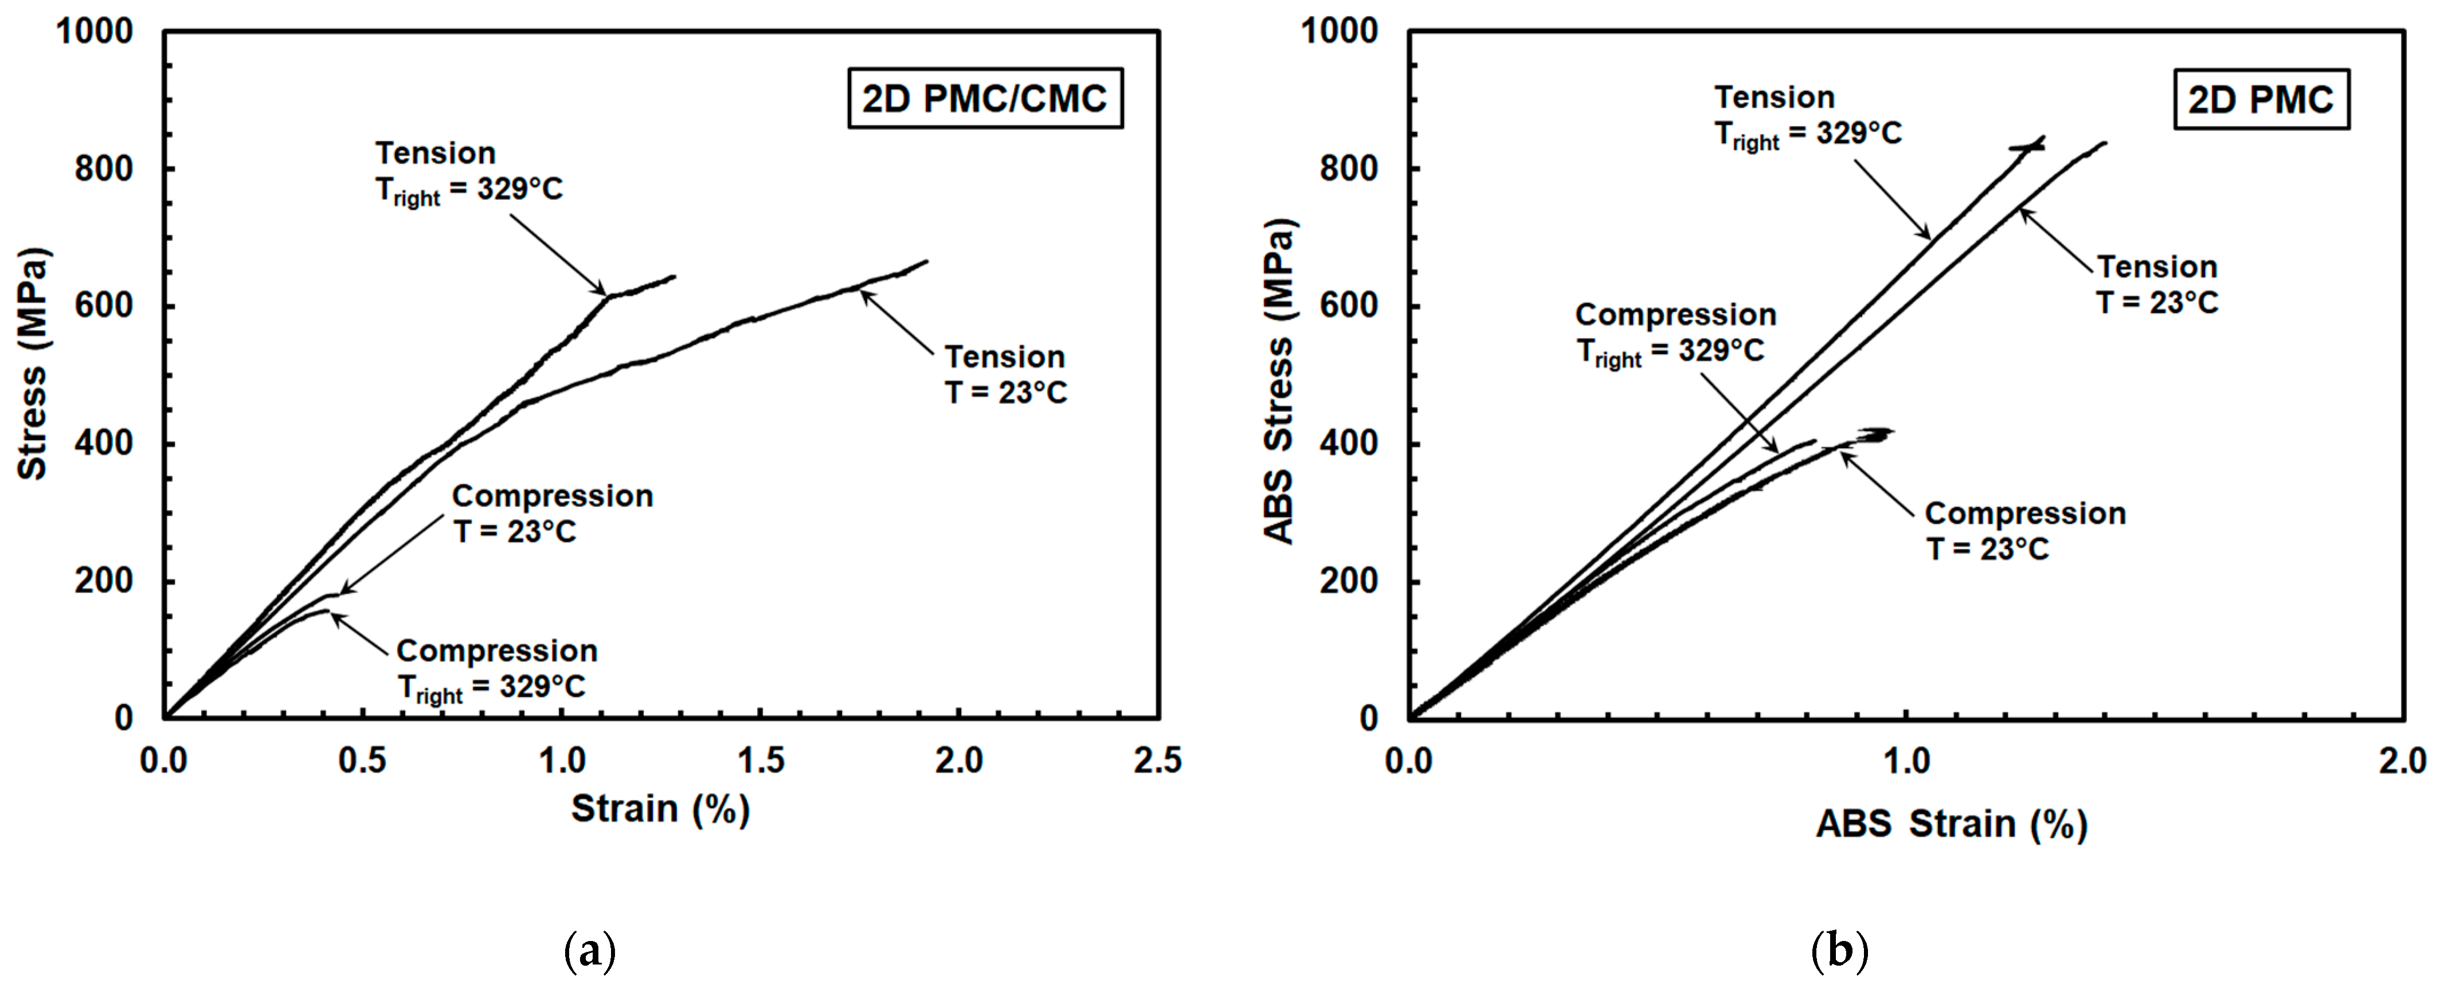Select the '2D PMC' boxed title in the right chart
pyautogui.click(x=2260, y=99)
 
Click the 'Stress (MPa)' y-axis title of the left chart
pyautogui.click(x=33, y=364)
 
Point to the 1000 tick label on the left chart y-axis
pyautogui.click(x=95, y=32)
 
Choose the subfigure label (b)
pyautogui.click(x=1839, y=950)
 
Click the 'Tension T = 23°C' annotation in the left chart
pyautogui.click(x=1005, y=374)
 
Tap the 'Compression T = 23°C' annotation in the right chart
pyautogui.click(x=2025, y=531)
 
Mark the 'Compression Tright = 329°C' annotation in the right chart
pyautogui.click(x=1675, y=332)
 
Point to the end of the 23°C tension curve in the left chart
pyautogui.click(x=926, y=261)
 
